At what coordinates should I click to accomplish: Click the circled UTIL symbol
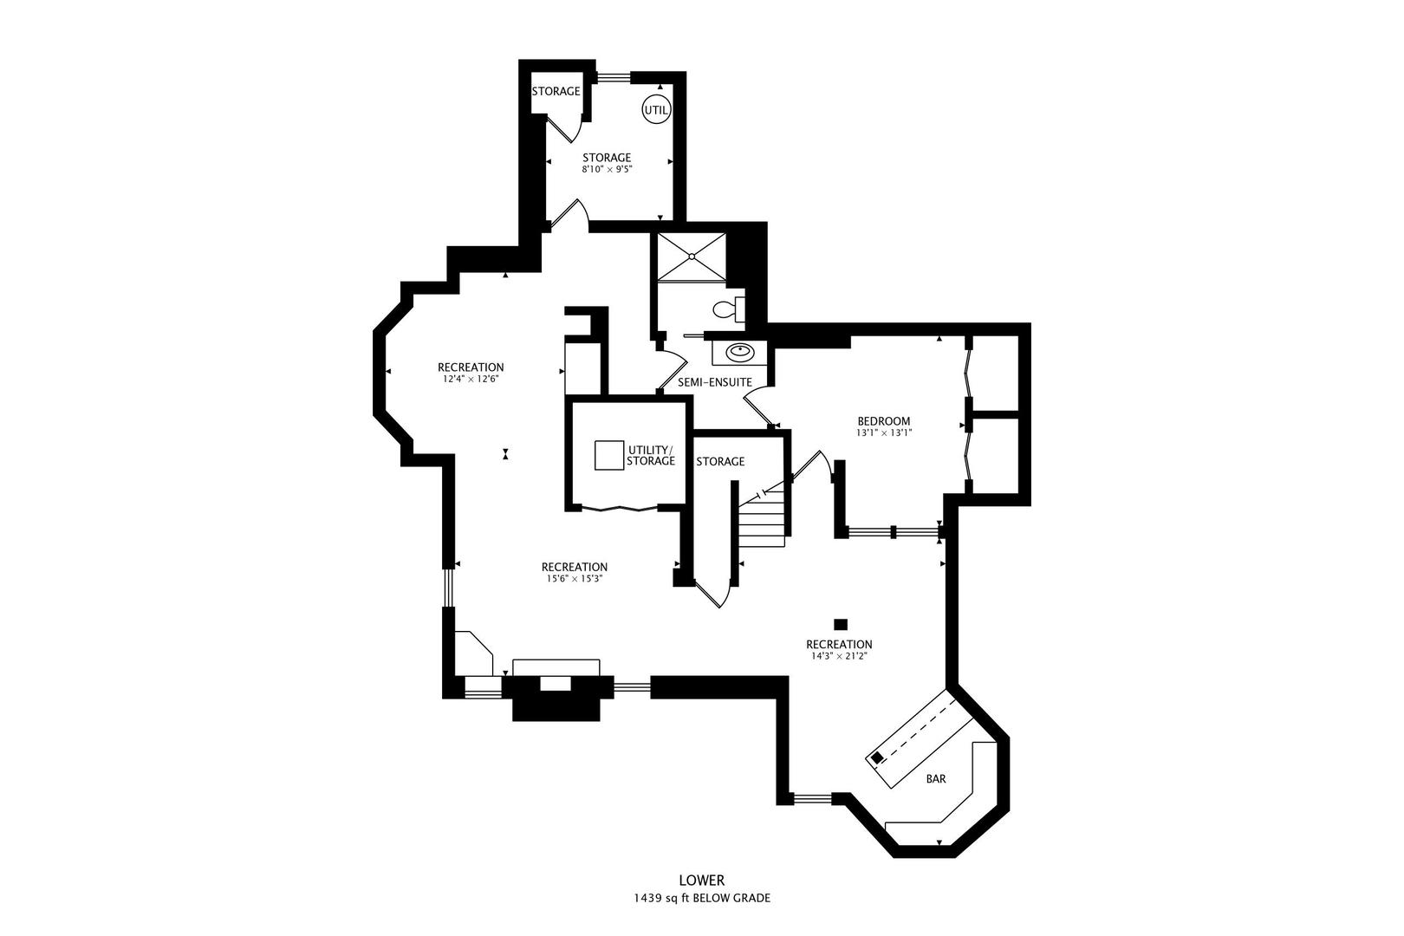(655, 110)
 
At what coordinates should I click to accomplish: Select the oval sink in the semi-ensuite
(739, 352)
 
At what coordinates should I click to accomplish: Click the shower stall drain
(692, 256)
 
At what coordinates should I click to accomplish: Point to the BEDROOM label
(883, 421)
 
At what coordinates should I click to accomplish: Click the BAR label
(936, 779)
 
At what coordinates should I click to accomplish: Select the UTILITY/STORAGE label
(651, 455)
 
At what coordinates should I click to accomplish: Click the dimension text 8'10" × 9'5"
(607, 170)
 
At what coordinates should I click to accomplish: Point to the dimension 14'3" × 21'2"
(838, 657)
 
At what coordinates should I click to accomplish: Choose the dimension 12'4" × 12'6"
(471, 379)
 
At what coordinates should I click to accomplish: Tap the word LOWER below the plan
(701, 881)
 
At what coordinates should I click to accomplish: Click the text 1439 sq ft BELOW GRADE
(701, 899)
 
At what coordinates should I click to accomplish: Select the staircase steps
(763, 520)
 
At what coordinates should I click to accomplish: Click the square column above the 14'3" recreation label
(839, 623)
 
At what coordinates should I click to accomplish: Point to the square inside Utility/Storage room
(609, 456)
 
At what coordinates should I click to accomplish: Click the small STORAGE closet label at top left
(556, 91)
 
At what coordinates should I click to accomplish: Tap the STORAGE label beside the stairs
(720, 462)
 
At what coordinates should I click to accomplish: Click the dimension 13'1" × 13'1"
(883, 432)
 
